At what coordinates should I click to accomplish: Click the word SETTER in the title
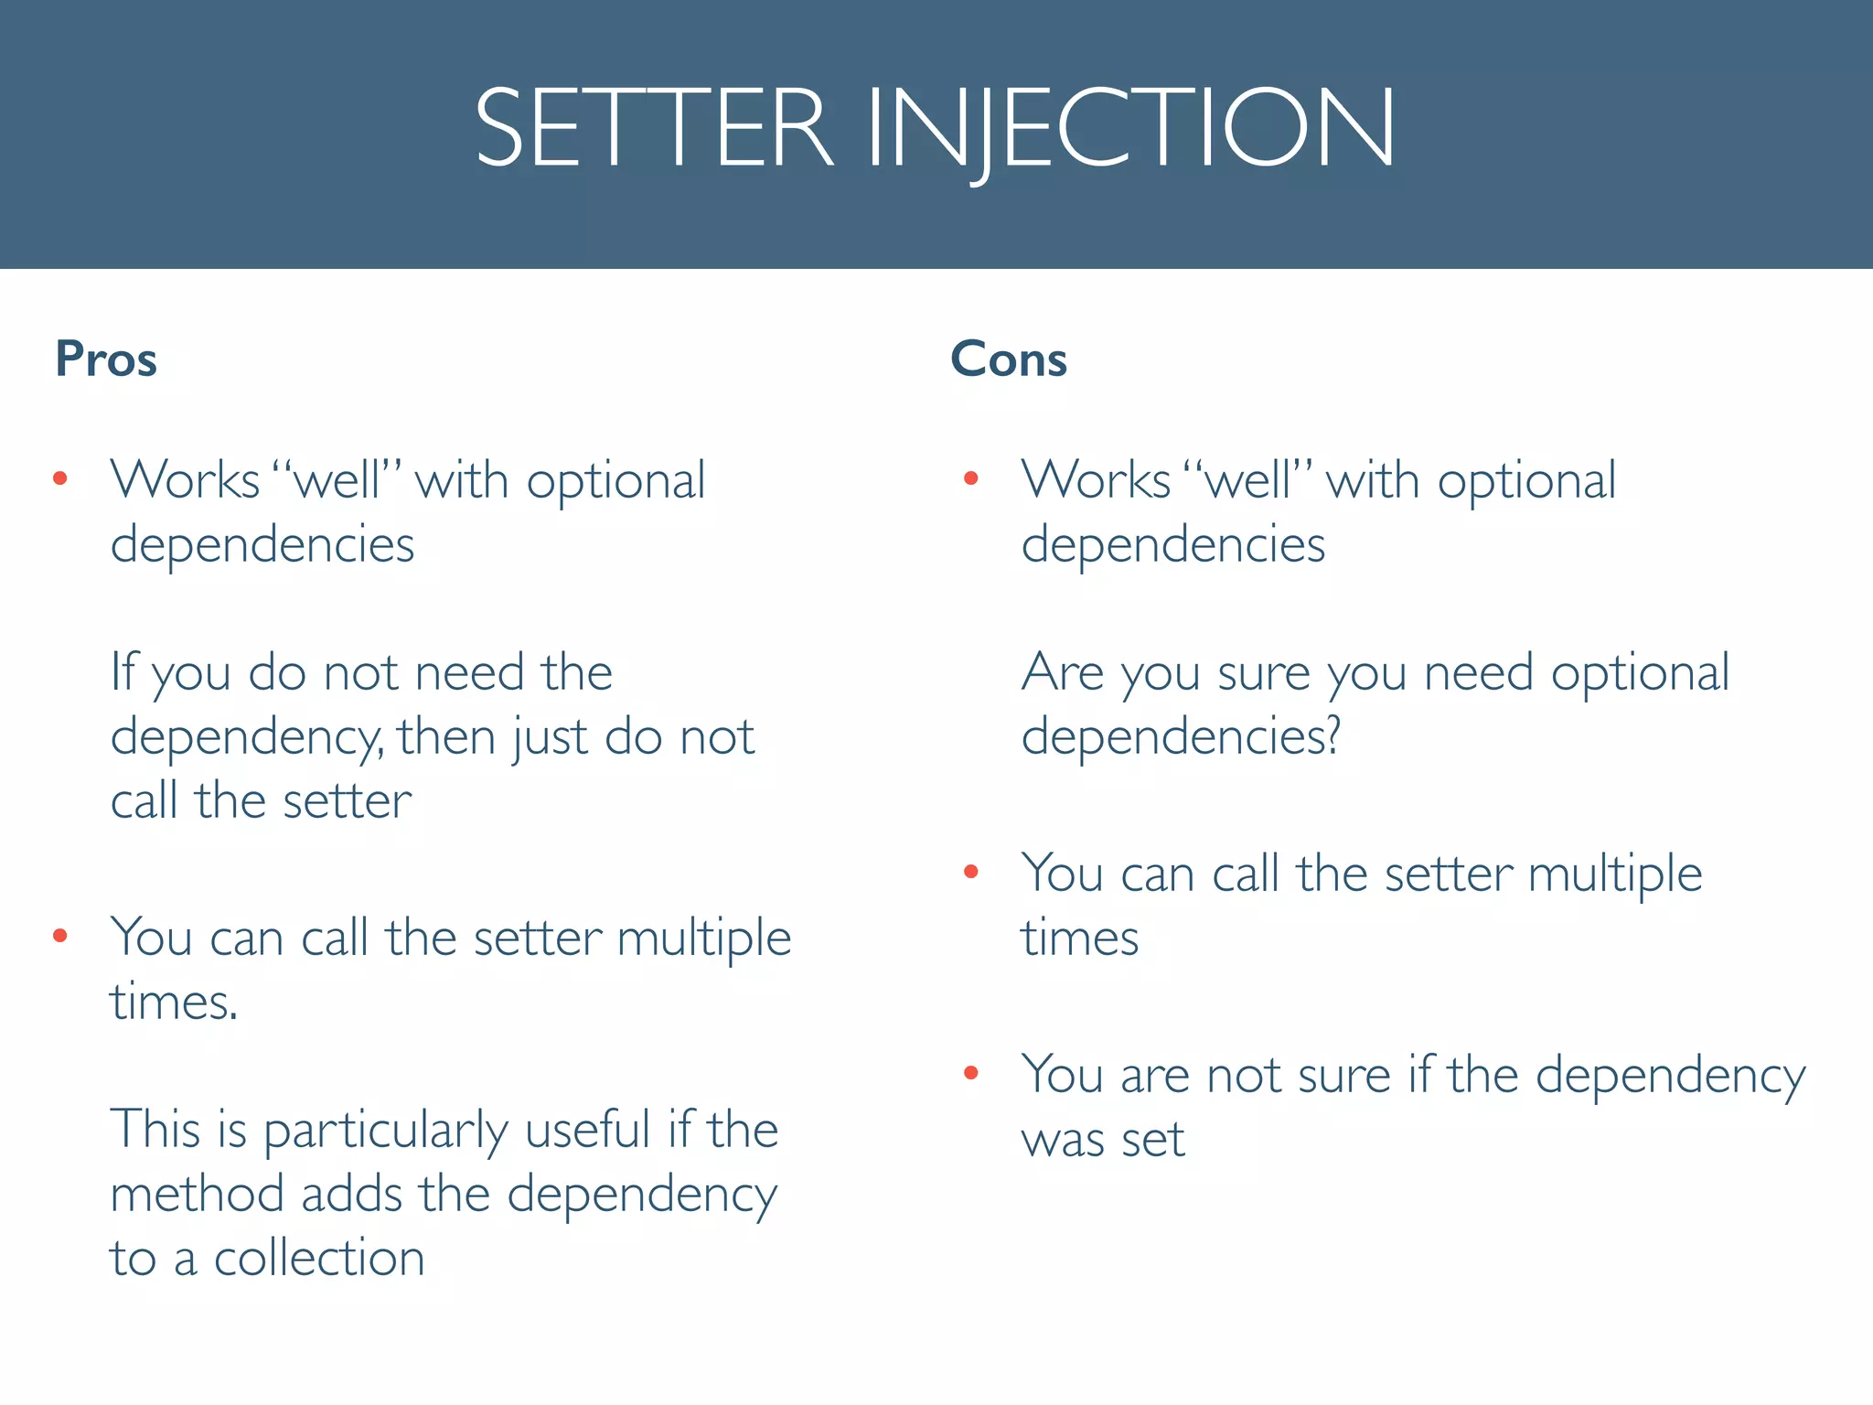click(x=653, y=128)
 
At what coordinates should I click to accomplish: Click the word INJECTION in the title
click(x=1130, y=128)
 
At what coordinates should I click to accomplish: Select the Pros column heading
click(x=106, y=359)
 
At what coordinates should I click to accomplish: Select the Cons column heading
click(x=1009, y=359)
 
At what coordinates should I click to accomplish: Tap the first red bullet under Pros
click(x=60, y=478)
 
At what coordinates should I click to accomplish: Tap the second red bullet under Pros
click(x=60, y=935)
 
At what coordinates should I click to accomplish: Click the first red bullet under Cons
click(x=971, y=478)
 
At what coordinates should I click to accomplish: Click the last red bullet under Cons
click(x=971, y=1073)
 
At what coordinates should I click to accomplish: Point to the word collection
click(x=319, y=1259)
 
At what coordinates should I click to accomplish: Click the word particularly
click(x=385, y=1132)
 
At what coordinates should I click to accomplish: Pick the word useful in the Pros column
click(x=587, y=1130)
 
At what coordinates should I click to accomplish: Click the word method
click(x=197, y=1194)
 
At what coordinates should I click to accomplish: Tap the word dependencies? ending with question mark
click(x=1181, y=737)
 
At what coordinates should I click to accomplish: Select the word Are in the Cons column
click(x=1063, y=672)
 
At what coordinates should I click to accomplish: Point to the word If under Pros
click(x=123, y=672)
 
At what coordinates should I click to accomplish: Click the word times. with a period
click(x=174, y=1003)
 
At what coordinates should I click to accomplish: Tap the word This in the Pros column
click(x=155, y=1130)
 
